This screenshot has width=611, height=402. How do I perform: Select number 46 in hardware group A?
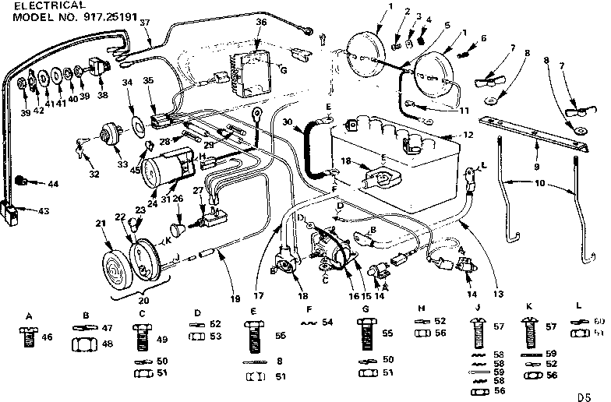tap(48, 337)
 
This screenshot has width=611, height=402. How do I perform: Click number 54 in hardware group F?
tap(327, 321)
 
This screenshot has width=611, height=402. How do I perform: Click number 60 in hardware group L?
tap(598, 321)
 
